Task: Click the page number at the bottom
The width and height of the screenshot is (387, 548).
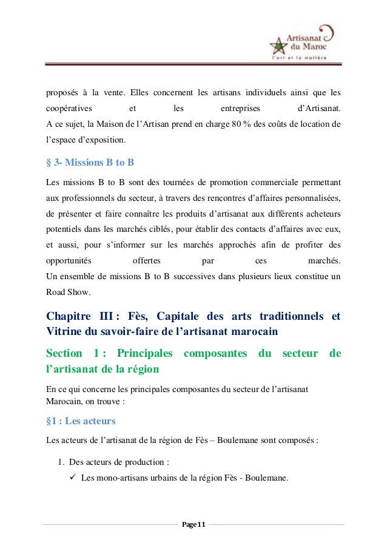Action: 193,524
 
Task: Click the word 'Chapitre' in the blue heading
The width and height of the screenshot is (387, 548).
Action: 67,317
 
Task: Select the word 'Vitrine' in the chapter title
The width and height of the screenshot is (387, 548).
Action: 66,332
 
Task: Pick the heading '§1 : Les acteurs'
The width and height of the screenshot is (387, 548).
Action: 81,421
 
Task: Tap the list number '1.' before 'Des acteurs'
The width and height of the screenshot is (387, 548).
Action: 62,462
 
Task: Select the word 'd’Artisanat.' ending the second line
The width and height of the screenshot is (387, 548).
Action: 320,109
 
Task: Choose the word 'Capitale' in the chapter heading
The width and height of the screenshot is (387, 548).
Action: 180,317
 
